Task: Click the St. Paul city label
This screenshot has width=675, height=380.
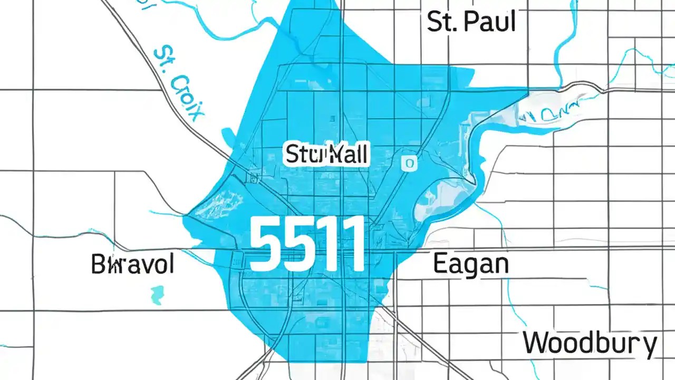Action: (470, 22)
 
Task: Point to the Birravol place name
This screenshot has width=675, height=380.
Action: (132, 263)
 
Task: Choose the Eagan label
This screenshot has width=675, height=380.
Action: (470, 264)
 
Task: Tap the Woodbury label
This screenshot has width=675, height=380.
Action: (590, 344)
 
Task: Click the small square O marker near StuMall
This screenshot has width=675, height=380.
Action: (409, 164)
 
